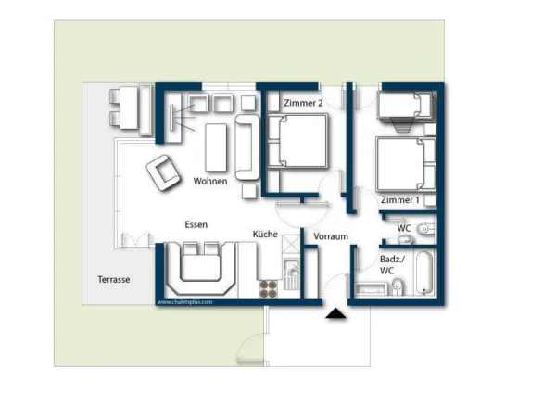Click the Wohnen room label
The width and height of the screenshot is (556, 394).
coord(210,182)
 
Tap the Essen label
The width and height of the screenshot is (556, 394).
coord(196,225)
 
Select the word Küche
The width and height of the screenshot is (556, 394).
coord(265,235)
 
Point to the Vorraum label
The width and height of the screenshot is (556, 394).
coord(330,236)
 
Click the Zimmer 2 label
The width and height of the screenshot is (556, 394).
coord(303,104)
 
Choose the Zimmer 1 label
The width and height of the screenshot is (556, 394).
coord(399,199)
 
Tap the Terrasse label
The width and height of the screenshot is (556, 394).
coord(114,278)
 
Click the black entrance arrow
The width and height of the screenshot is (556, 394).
coord(335,315)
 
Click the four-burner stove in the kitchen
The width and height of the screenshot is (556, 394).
coord(268,288)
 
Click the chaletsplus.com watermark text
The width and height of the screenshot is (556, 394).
coord(184,302)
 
